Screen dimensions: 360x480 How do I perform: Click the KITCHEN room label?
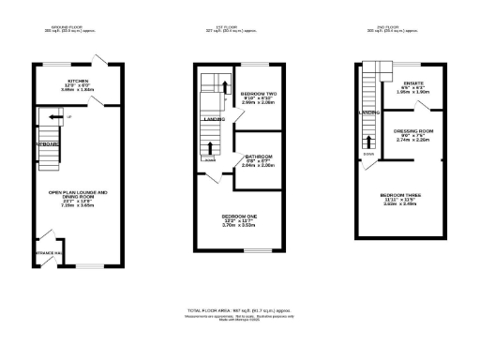click(78, 81)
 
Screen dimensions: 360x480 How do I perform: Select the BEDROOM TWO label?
click(257, 95)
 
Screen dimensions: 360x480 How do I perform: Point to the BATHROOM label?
click(258, 156)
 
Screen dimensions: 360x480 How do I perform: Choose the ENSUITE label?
click(413, 83)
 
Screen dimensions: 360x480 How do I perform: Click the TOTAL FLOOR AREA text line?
click(244, 308)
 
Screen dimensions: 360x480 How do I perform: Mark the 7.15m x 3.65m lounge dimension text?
click(78, 204)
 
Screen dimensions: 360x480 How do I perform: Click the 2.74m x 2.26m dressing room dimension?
click(412, 139)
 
